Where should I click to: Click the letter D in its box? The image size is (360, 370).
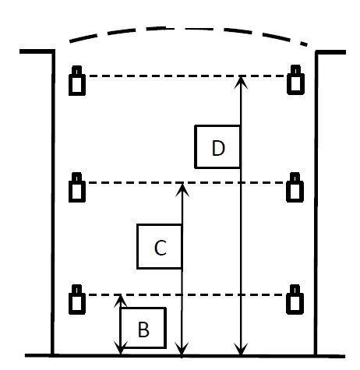pyautogui.click(x=218, y=148)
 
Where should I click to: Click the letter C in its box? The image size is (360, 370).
pyautogui.click(x=161, y=248)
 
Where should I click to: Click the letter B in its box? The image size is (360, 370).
pyautogui.click(x=143, y=329)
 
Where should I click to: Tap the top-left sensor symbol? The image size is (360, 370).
pyautogui.click(x=77, y=80)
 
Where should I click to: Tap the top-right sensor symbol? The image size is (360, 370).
pyautogui.click(x=295, y=79)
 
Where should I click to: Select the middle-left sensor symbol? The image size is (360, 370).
pyautogui.click(x=77, y=187)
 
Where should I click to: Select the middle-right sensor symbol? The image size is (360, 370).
pyautogui.click(x=295, y=187)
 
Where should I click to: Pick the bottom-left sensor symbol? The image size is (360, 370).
pyautogui.click(x=77, y=299)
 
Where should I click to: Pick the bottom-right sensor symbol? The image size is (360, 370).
pyautogui.click(x=295, y=299)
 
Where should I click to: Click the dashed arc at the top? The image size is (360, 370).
pyautogui.click(x=188, y=28)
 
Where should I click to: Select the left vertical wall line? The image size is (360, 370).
pyautogui.click(x=53, y=203)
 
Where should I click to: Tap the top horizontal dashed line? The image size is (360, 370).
pyautogui.click(x=185, y=76)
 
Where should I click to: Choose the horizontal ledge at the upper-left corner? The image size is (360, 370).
pyautogui.click(x=37, y=51)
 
